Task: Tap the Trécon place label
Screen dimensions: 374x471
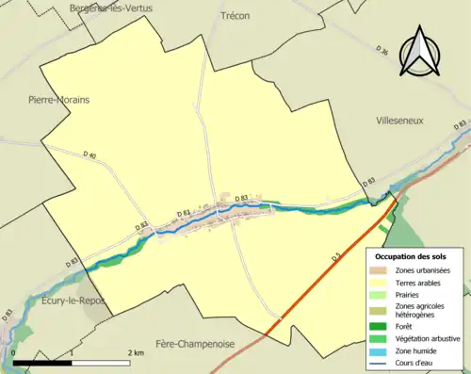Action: [x=236, y=16]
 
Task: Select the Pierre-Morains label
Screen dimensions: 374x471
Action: [x=58, y=99]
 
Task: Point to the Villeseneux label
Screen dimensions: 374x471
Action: [x=403, y=122]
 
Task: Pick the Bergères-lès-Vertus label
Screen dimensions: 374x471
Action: [x=107, y=7]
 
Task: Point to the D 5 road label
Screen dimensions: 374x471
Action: [x=335, y=257]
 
